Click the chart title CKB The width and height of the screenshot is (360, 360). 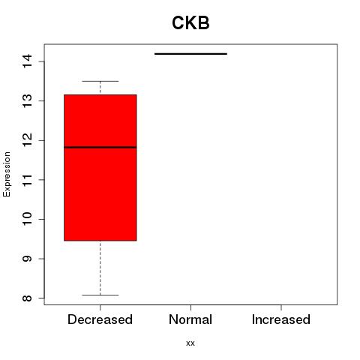[x=190, y=22]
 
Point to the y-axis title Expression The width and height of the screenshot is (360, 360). [x=7, y=174]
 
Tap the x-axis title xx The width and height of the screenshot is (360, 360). [x=190, y=343]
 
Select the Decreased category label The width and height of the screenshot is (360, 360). [x=100, y=319]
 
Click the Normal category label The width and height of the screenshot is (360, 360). [x=190, y=319]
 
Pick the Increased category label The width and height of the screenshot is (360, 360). [x=281, y=319]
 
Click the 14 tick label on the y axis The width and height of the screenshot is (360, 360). [x=27, y=61]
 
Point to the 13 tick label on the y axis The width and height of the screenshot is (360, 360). [x=27, y=100]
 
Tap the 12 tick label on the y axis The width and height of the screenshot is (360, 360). [x=27, y=140]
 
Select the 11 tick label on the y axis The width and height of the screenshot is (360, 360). [x=27, y=179]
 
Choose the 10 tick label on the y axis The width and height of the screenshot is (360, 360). [x=27, y=219]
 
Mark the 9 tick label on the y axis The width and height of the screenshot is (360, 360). [x=27, y=259]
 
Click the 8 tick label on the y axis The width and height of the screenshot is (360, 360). [x=27, y=298]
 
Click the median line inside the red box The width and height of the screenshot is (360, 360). [x=100, y=147]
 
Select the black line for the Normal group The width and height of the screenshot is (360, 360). [x=190, y=54]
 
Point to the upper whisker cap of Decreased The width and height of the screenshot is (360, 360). [x=100, y=81]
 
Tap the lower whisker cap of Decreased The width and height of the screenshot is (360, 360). [x=100, y=295]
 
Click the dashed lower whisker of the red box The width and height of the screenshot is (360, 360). [x=100, y=268]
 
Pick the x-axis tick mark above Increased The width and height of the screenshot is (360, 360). [x=281, y=307]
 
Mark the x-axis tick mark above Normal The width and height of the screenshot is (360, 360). [x=190, y=307]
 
